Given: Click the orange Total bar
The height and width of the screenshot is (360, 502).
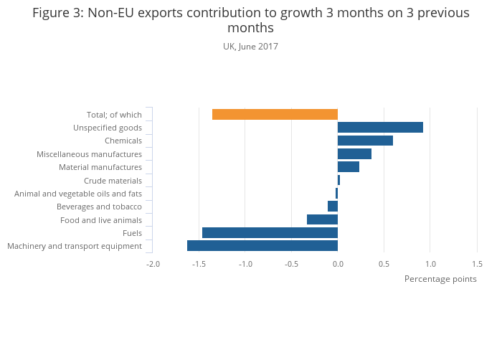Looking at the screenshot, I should [275, 115].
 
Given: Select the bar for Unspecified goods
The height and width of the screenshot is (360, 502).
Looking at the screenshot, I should [380, 128].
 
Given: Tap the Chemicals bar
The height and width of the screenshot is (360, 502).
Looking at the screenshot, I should [365, 141].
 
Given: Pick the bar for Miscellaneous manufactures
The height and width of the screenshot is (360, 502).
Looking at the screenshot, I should [354, 153].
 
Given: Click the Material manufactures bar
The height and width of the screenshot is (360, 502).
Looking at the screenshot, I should [349, 167].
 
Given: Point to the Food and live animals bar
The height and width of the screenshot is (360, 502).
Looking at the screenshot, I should [322, 219].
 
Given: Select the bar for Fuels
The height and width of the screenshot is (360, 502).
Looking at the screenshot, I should [270, 232].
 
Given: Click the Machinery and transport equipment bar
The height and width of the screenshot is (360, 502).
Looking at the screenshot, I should [262, 246].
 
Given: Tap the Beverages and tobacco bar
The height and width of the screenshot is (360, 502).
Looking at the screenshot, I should [333, 207].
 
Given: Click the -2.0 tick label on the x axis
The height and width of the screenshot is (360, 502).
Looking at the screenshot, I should [153, 264].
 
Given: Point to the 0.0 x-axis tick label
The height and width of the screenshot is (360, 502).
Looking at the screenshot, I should [338, 264].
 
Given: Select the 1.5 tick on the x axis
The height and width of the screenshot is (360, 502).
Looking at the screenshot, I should [477, 264].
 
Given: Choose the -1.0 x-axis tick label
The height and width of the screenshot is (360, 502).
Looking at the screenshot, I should [245, 264].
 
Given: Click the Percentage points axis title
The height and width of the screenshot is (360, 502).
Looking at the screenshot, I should [440, 279].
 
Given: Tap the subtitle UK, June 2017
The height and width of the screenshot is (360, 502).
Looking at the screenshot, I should [250, 47].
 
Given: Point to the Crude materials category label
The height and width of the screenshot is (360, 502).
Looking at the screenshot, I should [113, 181].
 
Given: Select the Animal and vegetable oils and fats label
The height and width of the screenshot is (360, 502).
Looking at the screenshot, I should [78, 194].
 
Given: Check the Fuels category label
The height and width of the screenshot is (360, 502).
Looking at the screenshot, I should [132, 233].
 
